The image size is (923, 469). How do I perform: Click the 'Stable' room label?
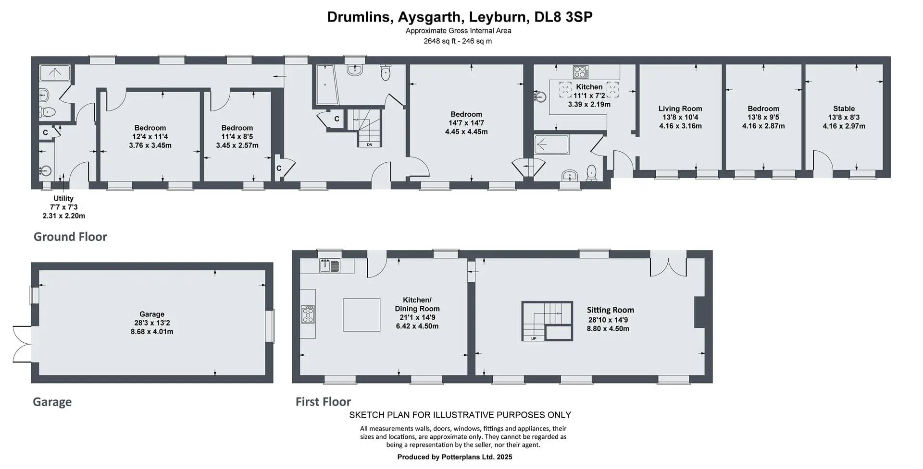[844, 108]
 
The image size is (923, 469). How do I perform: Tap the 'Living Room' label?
[680, 108]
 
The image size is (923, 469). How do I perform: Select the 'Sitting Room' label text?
[610, 310]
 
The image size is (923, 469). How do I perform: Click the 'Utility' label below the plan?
[63, 198]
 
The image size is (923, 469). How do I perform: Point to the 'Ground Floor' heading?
[70, 237]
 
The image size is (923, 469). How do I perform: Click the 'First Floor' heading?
[323, 401]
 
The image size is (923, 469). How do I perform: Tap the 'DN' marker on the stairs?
[369, 144]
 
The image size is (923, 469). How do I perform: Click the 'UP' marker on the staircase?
[534, 338]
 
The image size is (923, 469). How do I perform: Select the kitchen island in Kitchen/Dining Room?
[362, 315]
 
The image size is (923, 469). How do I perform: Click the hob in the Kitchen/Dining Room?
[308, 314]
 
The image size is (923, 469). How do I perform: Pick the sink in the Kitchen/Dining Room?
[329, 265]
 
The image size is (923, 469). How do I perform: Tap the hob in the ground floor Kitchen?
[581, 72]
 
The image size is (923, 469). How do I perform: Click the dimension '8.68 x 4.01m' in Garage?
[152, 332]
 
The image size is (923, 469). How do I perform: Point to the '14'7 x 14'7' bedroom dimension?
[466, 123]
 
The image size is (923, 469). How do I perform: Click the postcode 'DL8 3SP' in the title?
[563, 17]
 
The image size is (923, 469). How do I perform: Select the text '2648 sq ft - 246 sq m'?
[458, 41]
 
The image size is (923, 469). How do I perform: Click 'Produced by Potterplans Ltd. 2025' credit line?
[455, 457]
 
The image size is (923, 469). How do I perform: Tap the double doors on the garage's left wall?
[22, 344]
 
